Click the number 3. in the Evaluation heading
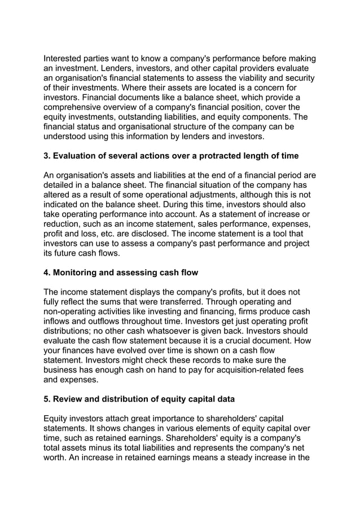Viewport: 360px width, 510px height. pos(47,155)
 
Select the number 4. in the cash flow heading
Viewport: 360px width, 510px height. pos(47,272)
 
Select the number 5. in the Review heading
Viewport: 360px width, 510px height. pos(47,399)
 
